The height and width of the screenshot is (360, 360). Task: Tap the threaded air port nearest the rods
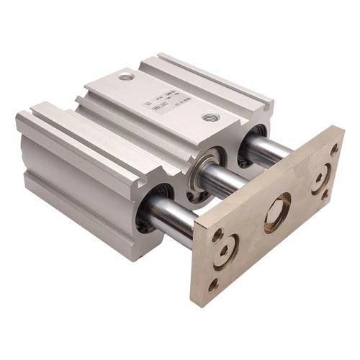tap(210, 117)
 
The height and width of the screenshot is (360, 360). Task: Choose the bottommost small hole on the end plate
tap(213, 287)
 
